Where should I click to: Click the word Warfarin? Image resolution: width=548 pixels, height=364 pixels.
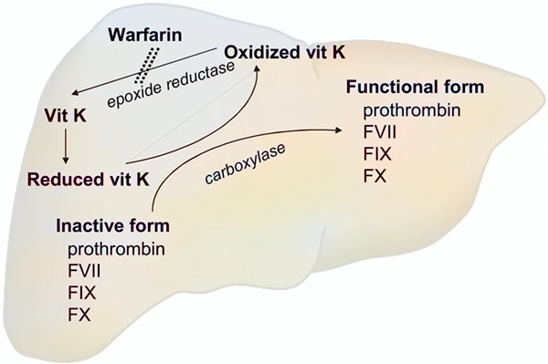(145, 35)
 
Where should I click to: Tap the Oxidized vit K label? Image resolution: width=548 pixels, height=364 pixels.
(285, 52)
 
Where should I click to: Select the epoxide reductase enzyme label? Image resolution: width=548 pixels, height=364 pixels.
(171, 85)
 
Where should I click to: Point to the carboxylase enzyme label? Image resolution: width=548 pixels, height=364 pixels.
(245, 163)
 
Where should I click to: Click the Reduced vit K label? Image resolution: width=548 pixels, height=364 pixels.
(89, 180)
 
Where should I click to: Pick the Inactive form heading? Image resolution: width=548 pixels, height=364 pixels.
(112, 226)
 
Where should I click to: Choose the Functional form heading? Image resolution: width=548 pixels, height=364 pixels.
(415, 87)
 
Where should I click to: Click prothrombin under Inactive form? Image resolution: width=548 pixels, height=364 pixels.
(116, 250)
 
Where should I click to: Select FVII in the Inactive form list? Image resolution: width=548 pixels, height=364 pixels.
(84, 271)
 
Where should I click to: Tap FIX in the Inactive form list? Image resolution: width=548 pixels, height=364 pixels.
(82, 293)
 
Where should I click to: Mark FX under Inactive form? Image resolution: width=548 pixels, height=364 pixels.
(79, 314)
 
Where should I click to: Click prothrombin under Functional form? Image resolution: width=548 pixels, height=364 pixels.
(412, 110)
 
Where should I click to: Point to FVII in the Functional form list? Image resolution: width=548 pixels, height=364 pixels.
(380, 132)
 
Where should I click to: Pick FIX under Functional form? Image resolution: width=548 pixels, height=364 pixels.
(377, 154)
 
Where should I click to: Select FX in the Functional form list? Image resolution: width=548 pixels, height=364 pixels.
(374, 175)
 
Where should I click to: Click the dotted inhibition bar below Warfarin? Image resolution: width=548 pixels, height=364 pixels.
(146, 66)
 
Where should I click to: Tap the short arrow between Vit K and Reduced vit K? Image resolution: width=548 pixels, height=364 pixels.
(66, 146)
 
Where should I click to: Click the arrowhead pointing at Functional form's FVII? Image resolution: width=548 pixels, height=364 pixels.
(338, 130)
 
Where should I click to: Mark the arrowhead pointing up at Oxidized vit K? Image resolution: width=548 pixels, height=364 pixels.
(257, 68)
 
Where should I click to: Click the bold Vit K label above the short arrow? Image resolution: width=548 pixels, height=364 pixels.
(66, 116)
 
